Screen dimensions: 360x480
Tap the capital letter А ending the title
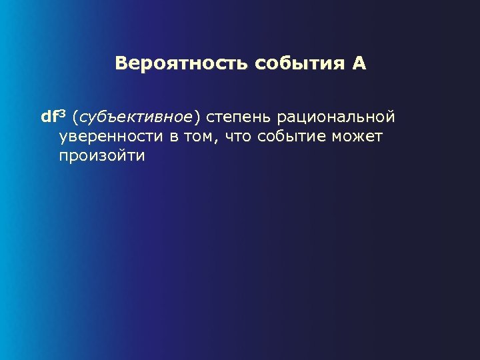(359, 64)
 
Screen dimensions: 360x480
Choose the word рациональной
(335, 118)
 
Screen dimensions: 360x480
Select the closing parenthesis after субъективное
(197, 118)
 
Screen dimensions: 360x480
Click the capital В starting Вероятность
(121, 64)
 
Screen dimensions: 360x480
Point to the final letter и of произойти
(141, 157)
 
